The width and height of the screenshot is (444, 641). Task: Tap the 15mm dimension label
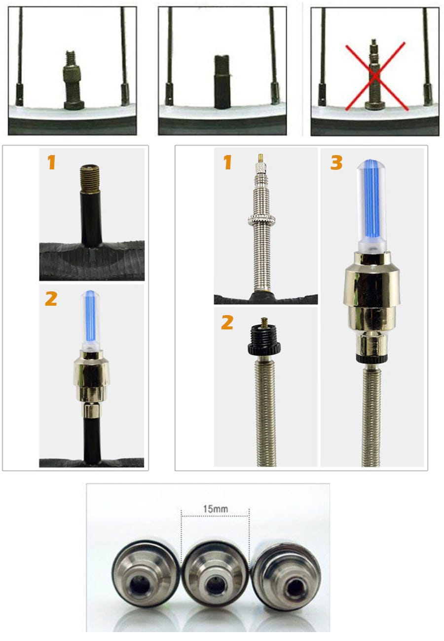[x=215, y=509]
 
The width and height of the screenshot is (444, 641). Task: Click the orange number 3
[x=336, y=163]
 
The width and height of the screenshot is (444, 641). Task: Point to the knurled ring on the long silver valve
[x=261, y=219]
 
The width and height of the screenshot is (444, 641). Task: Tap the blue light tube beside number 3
[x=371, y=204]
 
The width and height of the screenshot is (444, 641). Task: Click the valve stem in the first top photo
[x=73, y=80]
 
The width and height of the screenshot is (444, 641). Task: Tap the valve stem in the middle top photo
[x=222, y=82]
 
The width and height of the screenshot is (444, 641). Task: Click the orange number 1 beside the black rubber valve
[x=51, y=162]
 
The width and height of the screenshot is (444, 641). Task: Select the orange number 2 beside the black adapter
[x=227, y=322]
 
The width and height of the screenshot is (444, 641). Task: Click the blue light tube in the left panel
[x=91, y=319]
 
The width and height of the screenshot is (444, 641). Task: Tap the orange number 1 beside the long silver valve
[x=227, y=162]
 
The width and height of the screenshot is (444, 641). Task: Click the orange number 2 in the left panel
[x=51, y=299]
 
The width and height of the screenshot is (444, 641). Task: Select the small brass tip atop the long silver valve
[x=260, y=158]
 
